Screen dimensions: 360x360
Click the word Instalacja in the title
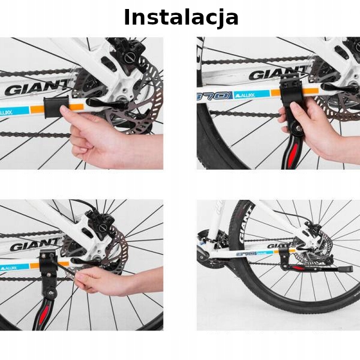click(181, 17)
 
